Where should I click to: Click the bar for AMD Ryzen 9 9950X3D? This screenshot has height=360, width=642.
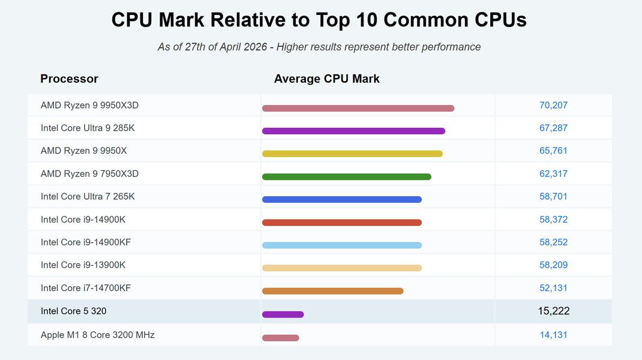[x=358, y=109]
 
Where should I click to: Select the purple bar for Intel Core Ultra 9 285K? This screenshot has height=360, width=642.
[x=353, y=131]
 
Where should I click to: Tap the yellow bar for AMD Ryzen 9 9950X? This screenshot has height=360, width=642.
[x=352, y=154]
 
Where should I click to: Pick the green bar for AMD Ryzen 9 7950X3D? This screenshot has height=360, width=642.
[x=346, y=176]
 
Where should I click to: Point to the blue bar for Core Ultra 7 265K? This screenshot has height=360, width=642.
[x=341, y=199]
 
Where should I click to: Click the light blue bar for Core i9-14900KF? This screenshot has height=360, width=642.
[x=341, y=245]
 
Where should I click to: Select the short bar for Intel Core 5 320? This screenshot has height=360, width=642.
[x=283, y=314]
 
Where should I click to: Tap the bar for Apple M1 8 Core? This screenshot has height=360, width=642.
[x=280, y=338]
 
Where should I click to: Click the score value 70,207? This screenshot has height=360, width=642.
[x=553, y=106]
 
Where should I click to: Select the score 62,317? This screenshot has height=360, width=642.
[x=553, y=174]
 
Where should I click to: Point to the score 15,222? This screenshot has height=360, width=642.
[x=554, y=311]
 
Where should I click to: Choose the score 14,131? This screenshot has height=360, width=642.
[x=553, y=335]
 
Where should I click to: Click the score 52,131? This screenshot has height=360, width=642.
[x=553, y=288]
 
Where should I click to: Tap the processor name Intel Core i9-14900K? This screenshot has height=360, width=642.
[x=83, y=220]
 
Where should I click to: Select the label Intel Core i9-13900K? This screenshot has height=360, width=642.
[x=83, y=265]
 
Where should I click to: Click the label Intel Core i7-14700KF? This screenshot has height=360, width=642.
[x=86, y=288]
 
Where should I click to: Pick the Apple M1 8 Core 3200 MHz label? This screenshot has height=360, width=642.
[x=98, y=335]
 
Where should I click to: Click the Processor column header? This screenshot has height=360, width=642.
[x=69, y=79]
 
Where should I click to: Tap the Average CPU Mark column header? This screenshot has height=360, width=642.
[x=326, y=79]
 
